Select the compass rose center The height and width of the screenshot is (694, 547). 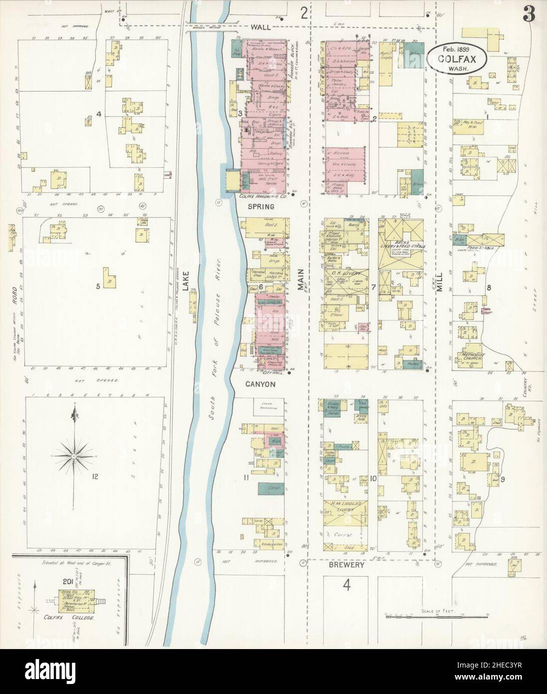pos(74,456)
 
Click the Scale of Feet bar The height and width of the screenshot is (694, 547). pos(436,618)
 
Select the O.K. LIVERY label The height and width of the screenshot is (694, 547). pos(344,273)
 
